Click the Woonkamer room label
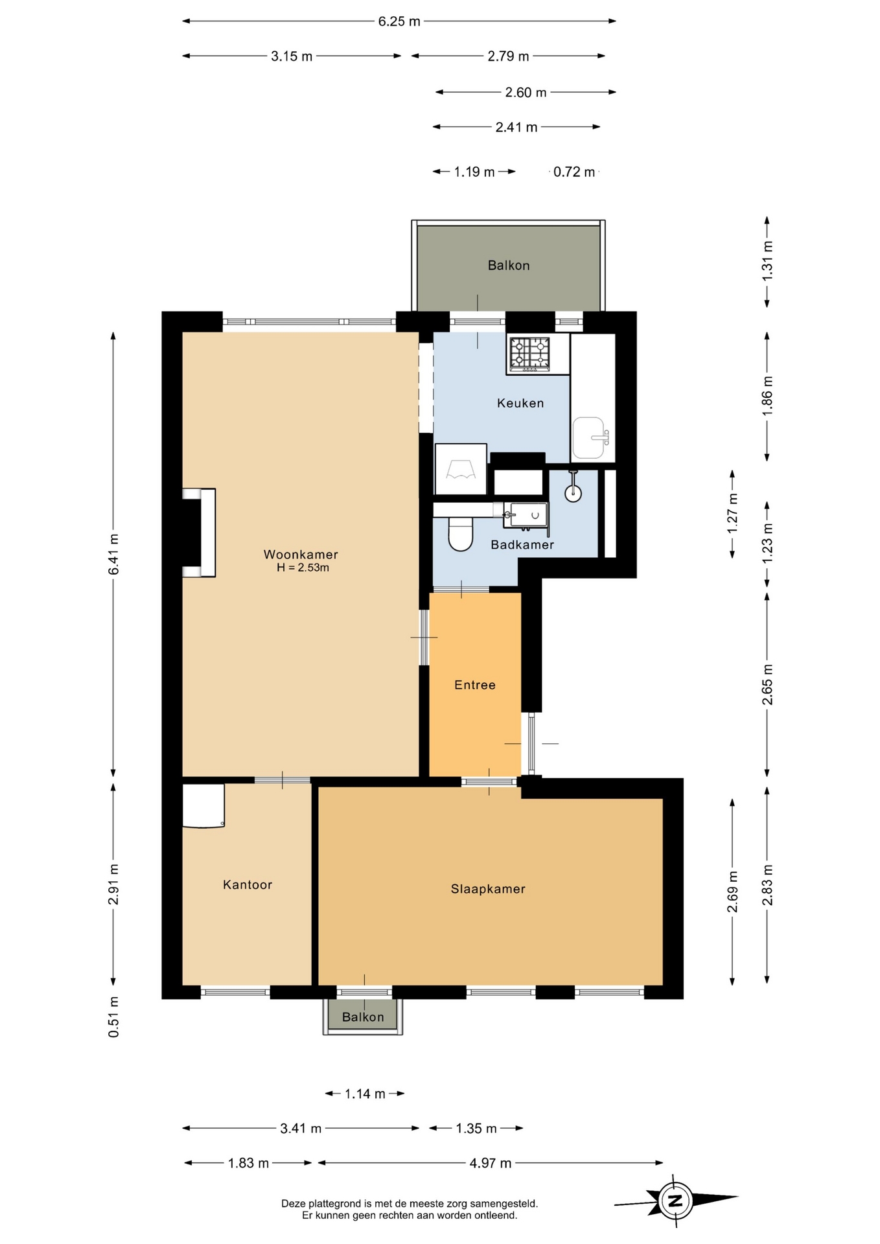(301, 555)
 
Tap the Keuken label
(520, 403)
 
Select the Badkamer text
(522, 545)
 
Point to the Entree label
(475, 685)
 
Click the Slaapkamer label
(488, 889)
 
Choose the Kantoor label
(248, 884)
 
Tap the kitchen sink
(590, 438)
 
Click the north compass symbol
(676, 1201)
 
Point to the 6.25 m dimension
(399, 21)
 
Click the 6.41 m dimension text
(113, 554)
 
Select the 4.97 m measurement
(491, 1163)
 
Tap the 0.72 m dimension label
(574, 172)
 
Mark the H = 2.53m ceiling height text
(303, 568)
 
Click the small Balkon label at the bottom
(363, 1017)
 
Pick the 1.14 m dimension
(365, 1094)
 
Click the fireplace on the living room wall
(199, 533)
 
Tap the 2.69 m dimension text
(732, 892)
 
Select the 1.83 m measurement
(248, 1163)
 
